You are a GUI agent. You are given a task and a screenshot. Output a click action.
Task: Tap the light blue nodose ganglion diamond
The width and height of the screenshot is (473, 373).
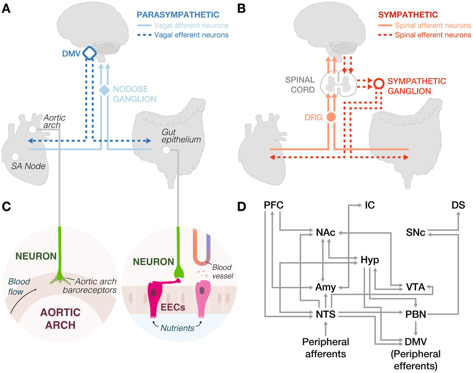[x=104, y=90]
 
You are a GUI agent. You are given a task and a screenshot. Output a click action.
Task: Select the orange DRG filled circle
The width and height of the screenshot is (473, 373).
[x=331, y=117]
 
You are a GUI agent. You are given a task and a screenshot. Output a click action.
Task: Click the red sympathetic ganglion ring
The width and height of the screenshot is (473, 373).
[x=379, y=83]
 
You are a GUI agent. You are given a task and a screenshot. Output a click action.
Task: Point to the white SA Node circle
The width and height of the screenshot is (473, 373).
[x=15, y=157]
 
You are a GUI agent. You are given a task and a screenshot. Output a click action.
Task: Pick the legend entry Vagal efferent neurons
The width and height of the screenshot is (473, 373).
[x=191, y=35]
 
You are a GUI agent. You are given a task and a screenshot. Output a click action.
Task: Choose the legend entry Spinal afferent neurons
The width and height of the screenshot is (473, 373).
[x=433, y=26]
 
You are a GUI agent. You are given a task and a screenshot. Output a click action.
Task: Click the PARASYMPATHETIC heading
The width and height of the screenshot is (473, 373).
[x=178, y=15]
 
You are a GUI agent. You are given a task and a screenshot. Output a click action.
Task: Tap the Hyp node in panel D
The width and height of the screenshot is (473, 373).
[x=370, y=260]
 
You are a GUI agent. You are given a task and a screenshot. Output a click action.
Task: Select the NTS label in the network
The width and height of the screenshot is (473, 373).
[x=325, y=314]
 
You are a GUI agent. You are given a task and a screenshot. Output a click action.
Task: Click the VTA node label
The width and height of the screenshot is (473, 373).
[x=415, y=287]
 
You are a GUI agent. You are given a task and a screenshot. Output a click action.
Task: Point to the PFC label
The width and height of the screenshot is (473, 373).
[x=274, y=205]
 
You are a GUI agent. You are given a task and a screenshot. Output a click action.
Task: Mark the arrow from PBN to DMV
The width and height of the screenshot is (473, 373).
[x=416, y=328]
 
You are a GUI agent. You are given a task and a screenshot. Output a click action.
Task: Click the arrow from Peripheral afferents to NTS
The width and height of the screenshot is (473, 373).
[x=326, y=329]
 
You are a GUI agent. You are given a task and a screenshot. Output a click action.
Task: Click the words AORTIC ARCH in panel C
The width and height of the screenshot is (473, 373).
[x=60, y=319]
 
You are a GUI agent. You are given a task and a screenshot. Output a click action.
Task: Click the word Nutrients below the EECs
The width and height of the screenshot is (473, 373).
[x=177, y=328]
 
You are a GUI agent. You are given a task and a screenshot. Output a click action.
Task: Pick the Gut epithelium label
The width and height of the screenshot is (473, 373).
[x=181, y=136]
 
